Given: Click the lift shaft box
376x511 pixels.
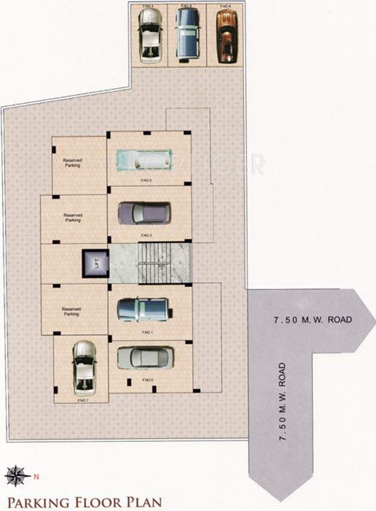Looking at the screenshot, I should point(94,264).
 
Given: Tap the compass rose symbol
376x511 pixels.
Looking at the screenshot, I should point(15,475).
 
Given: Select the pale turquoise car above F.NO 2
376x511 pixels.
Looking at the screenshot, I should point(145,160).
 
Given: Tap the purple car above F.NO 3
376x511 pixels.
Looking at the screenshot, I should point(144,213).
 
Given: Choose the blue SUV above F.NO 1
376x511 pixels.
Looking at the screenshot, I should point(144,309).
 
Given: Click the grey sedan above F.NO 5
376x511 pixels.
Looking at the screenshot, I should point(145,358).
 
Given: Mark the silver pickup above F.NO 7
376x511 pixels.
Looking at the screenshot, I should point(84,367).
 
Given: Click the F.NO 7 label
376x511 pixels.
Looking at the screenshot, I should point(82,401).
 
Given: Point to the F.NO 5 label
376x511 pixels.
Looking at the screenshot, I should point(147,380).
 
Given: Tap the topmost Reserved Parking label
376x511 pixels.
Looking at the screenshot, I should point(72,163).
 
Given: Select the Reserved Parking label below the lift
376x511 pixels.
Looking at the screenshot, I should point(71,311).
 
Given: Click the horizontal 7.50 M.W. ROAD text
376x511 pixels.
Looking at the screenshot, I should point(312,321).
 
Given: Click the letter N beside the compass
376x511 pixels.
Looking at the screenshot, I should point(37,476).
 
